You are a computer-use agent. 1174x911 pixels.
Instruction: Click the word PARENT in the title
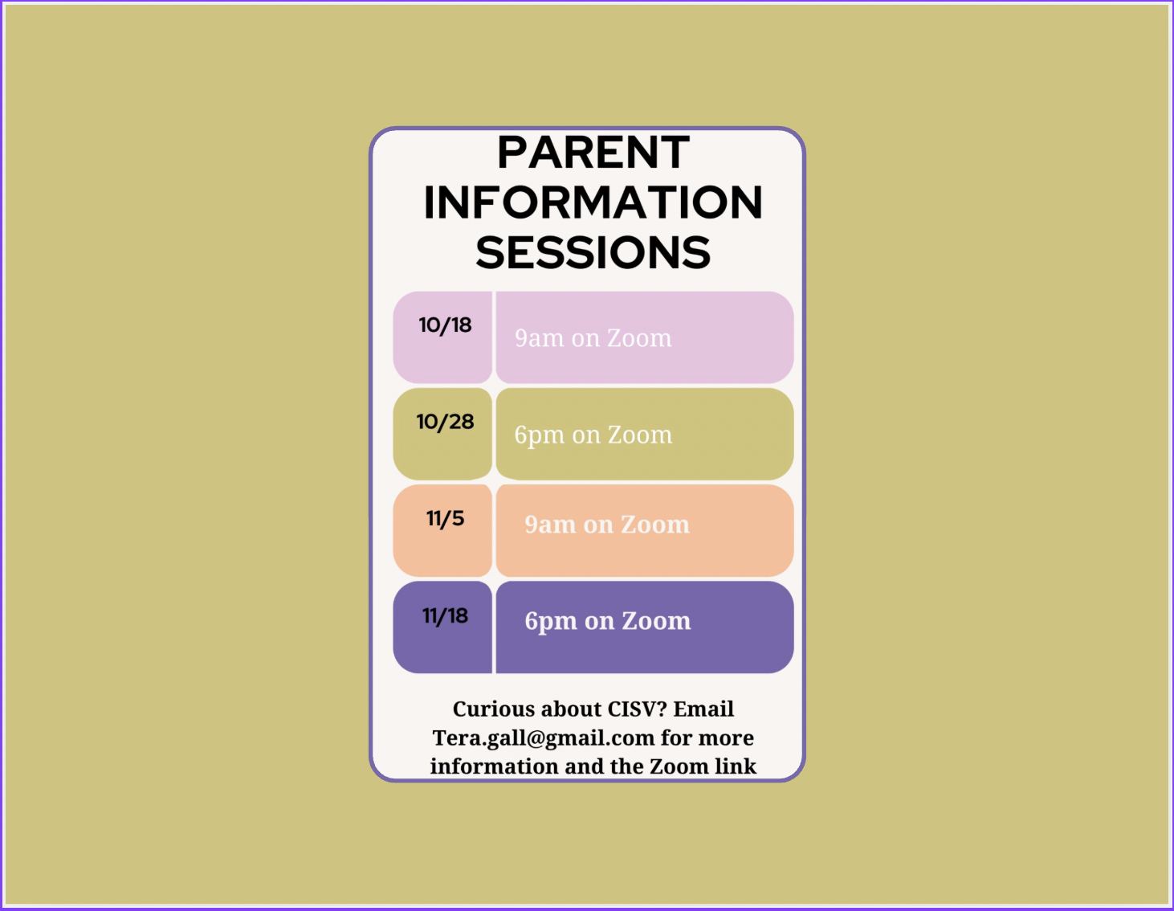(x=593, y=153)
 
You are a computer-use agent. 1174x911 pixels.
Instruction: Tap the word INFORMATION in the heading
(x=593, y=202)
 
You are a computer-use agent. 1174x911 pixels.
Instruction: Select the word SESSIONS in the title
(x=593, y=253)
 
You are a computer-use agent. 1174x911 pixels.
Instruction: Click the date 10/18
(x=445, y=325)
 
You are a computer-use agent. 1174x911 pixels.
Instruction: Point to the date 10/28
(x=445, y=422)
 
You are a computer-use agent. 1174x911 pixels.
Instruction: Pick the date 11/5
(x=445, y=519)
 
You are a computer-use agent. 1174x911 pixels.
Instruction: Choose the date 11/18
(x=445, y=616)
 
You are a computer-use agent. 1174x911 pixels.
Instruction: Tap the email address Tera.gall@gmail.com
(x=544, y=738)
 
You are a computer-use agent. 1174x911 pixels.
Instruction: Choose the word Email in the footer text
(x=703, y=709)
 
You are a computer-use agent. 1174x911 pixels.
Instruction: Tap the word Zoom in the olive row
(x=640, y=435)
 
